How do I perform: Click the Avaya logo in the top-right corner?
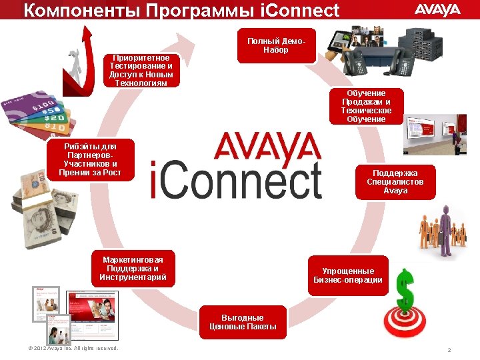(x=437, y=9)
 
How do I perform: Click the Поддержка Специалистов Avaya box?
(x=395, y=182)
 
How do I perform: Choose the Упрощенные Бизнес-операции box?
(x=348, y=275)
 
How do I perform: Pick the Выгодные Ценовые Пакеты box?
(x=243, y=323)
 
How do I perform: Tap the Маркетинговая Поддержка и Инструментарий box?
(x=133, y=268)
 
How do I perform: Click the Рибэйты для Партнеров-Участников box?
(x=90, y=159)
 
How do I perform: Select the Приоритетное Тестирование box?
(x=143, y=71)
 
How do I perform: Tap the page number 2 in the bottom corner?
(x=449, y=350)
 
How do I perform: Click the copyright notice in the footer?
(x=69, y=349)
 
